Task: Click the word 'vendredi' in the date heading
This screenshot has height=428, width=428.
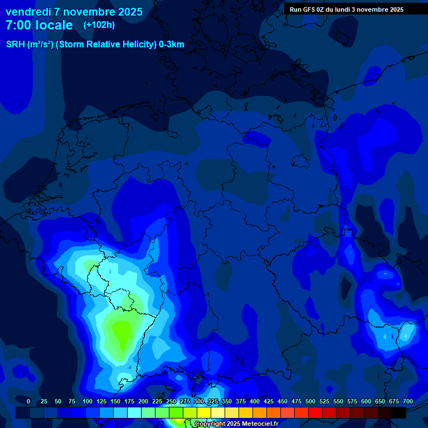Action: (28, 12)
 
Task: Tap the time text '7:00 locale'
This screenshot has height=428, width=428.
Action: (39, 25)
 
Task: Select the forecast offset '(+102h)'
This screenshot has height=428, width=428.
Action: (99, 25)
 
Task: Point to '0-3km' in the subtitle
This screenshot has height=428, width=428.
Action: (172, 45)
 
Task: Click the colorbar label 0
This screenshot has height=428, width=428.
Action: (28, 401)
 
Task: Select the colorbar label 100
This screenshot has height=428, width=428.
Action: (87, 401)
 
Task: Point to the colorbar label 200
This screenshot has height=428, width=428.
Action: (143, 401)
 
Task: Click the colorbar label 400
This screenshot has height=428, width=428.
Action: (255, 401)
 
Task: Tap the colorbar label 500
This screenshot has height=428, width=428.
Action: (310, 401)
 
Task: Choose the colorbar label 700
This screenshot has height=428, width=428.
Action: (408, 401)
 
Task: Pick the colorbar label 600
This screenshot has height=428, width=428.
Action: (366, 401)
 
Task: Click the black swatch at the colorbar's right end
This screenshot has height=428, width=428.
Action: (399, 412)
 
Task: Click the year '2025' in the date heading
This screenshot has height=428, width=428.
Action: (129, 12)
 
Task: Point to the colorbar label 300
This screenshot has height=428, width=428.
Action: (199, 401)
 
